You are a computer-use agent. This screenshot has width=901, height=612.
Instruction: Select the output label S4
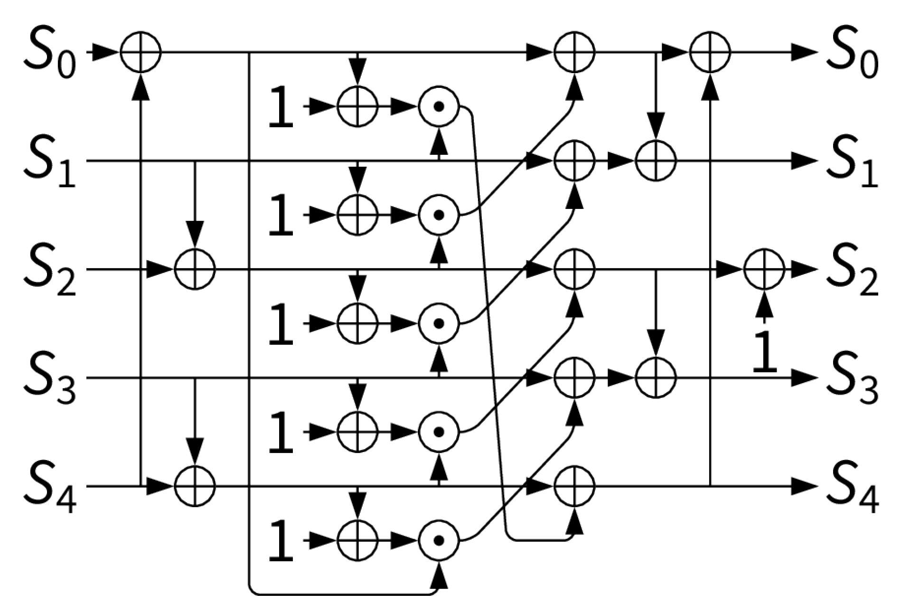(852, 489)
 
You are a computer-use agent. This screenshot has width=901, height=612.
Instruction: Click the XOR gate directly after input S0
(141, 52)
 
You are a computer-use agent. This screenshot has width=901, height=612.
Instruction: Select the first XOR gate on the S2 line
(195, 269)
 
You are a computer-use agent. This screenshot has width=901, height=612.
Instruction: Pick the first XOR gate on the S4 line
(195, 486)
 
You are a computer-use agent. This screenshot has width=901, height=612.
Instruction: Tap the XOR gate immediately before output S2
(764, 269)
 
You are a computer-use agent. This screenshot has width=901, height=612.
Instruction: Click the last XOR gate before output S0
(710, 52)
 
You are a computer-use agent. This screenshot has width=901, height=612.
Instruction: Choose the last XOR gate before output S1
(656, 161)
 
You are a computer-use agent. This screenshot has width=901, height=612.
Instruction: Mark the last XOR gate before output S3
(656, 378)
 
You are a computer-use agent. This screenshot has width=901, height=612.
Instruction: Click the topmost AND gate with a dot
(439, 107)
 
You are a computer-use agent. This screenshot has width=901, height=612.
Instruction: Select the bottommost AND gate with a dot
(439, 540)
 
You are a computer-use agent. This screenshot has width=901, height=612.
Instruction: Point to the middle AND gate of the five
(439, 324)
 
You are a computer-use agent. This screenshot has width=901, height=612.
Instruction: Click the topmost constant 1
(281, 107)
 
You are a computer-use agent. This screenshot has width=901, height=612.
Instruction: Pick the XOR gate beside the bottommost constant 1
(357, 540)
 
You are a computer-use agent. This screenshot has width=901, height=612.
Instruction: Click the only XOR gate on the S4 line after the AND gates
(574, 486)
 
